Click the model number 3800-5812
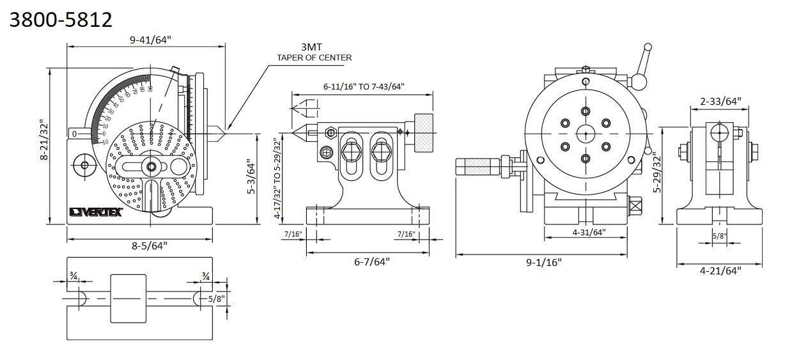61,20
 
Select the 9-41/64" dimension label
150,40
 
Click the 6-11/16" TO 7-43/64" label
364,86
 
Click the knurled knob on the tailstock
423,132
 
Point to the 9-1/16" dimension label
540,262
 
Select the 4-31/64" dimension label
586,232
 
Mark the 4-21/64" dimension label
720,270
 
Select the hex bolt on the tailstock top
331,133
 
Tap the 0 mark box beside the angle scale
75,134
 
